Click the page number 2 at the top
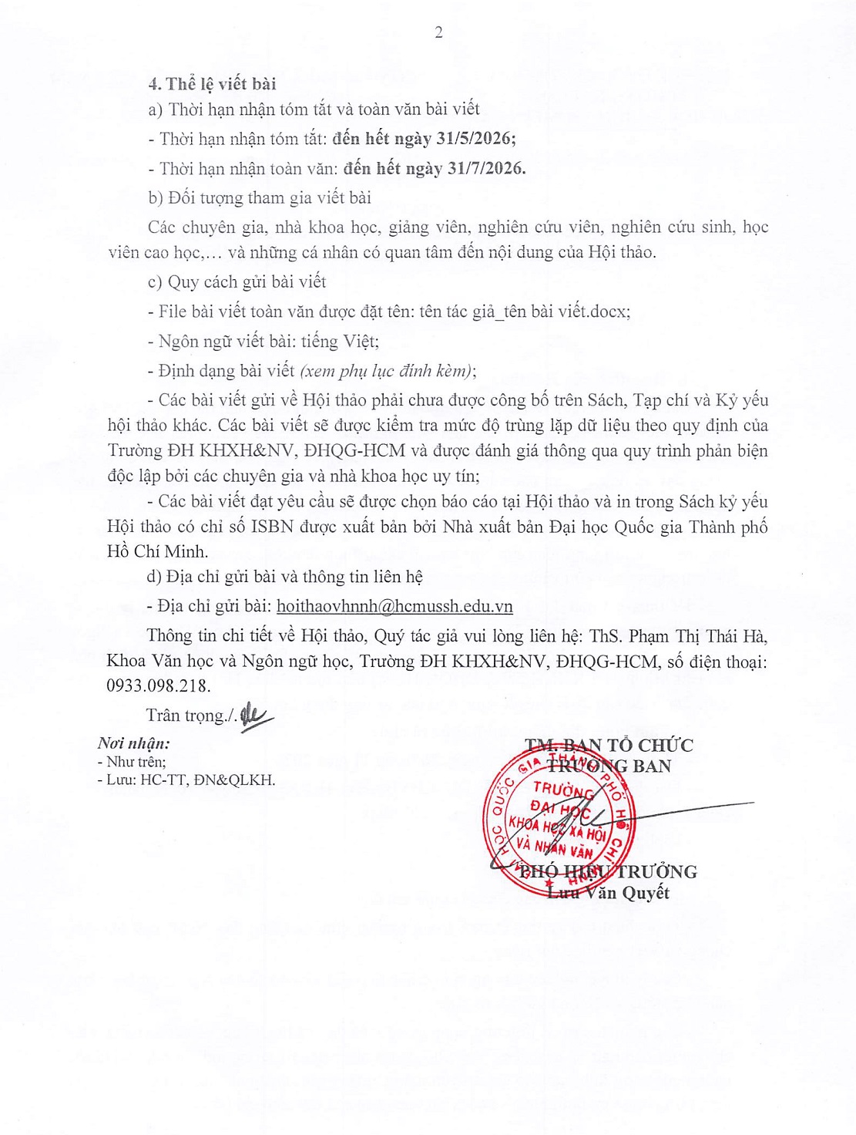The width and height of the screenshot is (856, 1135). click(x=438, y=32)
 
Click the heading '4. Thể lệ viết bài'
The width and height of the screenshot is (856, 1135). click(x=212, y=84)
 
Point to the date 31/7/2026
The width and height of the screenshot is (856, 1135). click(x=485, y=168)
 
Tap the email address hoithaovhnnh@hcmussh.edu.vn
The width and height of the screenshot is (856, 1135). click(x=394, y=606)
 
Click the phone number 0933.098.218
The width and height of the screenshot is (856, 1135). click(x=158, y=685)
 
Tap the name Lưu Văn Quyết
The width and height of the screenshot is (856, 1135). click(x=608, y=893)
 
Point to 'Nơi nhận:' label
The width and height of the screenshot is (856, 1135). click(x=133, y=743)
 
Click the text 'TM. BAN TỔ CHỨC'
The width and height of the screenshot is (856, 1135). click(x=609, y=745)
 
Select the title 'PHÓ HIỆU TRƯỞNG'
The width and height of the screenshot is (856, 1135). click(x=608, y=872)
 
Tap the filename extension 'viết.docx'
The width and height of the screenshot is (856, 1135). click(x=592, y=312)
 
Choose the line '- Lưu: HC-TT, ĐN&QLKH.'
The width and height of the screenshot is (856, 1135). click(x=186, y=780)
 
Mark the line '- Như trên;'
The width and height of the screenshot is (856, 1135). click(x=131, y=762)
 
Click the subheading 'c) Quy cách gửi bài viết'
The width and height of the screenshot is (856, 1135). click(x=237, y=282)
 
